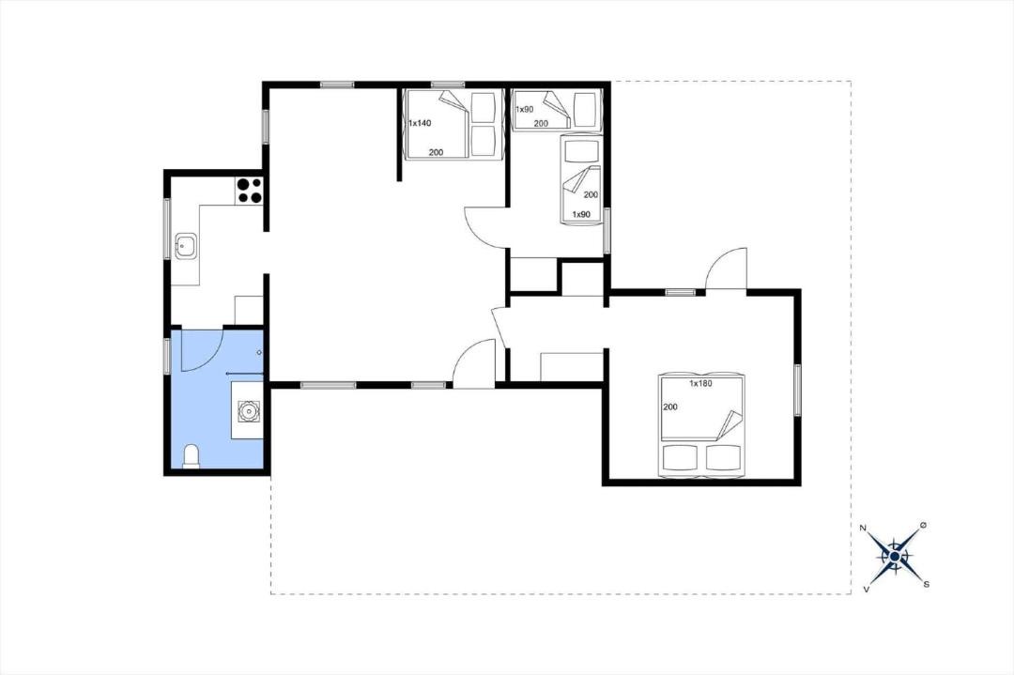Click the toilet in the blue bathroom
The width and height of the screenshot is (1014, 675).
coord(192,456)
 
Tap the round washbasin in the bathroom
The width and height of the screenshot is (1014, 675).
coord(248,410)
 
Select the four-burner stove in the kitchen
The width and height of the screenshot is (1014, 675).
coord(249,190)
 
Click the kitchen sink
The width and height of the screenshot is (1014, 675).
coord(186,246)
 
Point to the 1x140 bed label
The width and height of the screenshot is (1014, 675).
coord(420,123)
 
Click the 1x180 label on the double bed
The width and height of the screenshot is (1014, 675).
coord(700,383)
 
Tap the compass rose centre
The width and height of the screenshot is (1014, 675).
coord(895,556)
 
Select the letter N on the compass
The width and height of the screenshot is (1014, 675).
coord(863,529)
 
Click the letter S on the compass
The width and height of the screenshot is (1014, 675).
coord(926,584)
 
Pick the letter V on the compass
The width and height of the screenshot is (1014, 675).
coord(866,589)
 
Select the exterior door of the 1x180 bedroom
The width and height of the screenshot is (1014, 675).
coord(726,268)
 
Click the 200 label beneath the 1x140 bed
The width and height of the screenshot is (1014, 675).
coord(436,153)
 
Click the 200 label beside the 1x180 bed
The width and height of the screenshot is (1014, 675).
coord(670,407)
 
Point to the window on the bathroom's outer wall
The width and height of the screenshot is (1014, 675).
coord(167,355)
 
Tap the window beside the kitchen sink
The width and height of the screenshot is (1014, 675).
coord(167,228)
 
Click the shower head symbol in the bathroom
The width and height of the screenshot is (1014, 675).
coord(259,352)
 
